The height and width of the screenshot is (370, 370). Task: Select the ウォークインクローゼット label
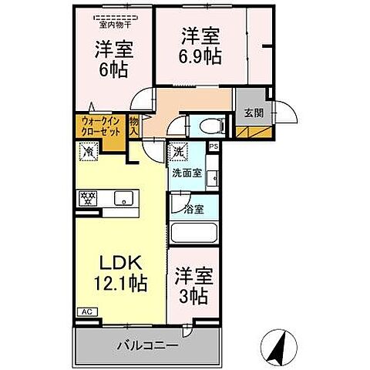coord(100,125)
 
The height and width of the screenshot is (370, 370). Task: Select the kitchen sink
coord(123,199)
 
